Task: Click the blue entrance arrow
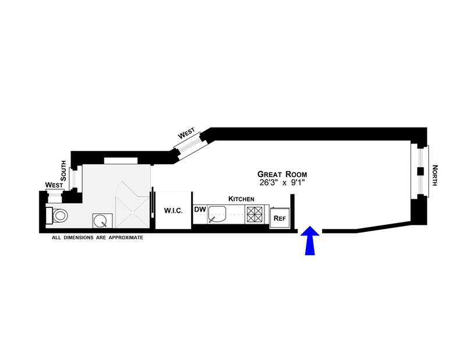[310, 241]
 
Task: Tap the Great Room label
[283, 174]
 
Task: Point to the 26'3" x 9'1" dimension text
[283, 182]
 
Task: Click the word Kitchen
[241, 199]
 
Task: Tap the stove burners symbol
[254, 214]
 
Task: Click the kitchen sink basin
[218, 214]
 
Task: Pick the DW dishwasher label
[200, 209]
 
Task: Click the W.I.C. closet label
[173, 210]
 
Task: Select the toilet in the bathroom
[59, 216]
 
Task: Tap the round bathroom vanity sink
[100, 221]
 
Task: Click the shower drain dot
[134, 212]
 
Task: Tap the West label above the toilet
[54, 185]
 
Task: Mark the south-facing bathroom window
[74, 179]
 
